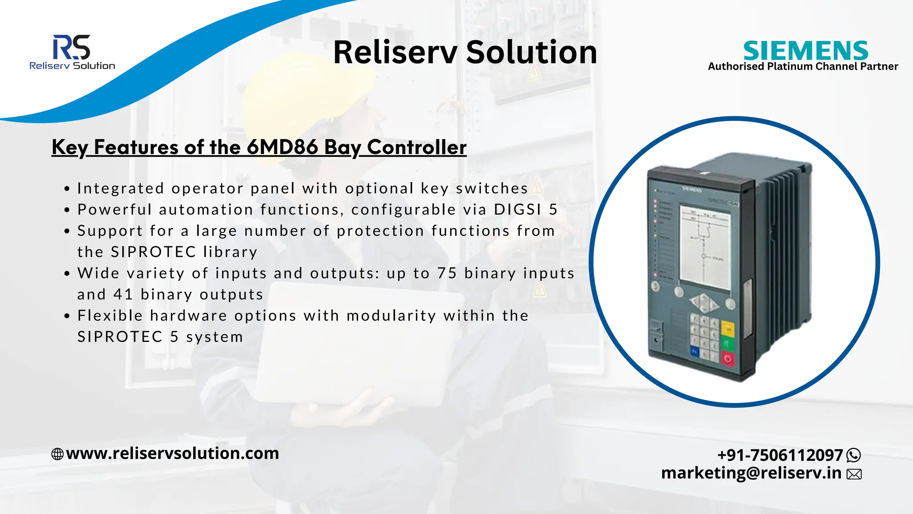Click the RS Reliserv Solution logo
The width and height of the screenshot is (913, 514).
click(72, 52)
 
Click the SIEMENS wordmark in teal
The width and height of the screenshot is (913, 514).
click(806, 50)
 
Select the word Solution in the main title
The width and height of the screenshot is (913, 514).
click(531, 52)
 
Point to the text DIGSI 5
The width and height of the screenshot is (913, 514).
click(526, 209)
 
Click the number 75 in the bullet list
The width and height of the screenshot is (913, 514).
click(447, 273)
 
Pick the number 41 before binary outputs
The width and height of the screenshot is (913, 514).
click(123, 294)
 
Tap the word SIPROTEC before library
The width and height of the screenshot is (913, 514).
click(153, 252)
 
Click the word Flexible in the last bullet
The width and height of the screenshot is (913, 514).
click(110, 315)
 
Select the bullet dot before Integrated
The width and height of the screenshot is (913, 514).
click(67, 189)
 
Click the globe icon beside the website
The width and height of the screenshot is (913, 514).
click(58, 454)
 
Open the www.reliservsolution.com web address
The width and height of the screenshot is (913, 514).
click(173, 453)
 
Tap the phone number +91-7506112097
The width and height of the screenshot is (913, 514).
click(780, 455)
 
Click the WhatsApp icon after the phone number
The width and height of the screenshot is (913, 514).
click(853, 455)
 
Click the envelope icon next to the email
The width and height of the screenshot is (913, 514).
click(854, 474)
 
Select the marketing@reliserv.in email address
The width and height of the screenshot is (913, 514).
click(751, 473)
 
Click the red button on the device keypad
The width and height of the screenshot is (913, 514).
click(728, 358)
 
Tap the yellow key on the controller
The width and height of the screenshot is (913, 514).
click(728, 330)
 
